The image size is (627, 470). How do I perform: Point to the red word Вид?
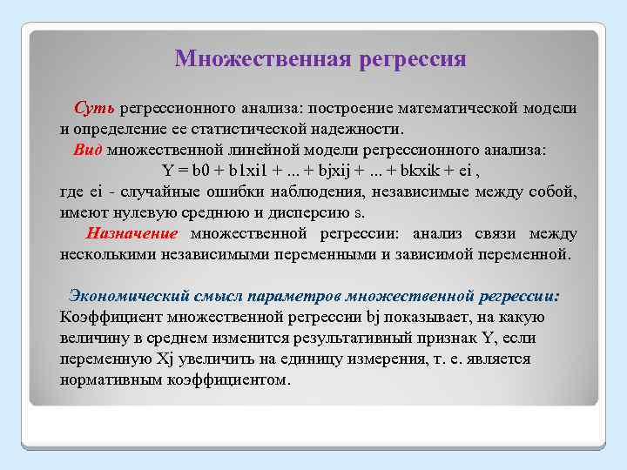point(88,149)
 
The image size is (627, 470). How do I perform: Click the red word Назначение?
point(131,233)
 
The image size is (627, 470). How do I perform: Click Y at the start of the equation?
point(169,170)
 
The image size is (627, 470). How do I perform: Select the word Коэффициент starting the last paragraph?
point(112,316)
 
